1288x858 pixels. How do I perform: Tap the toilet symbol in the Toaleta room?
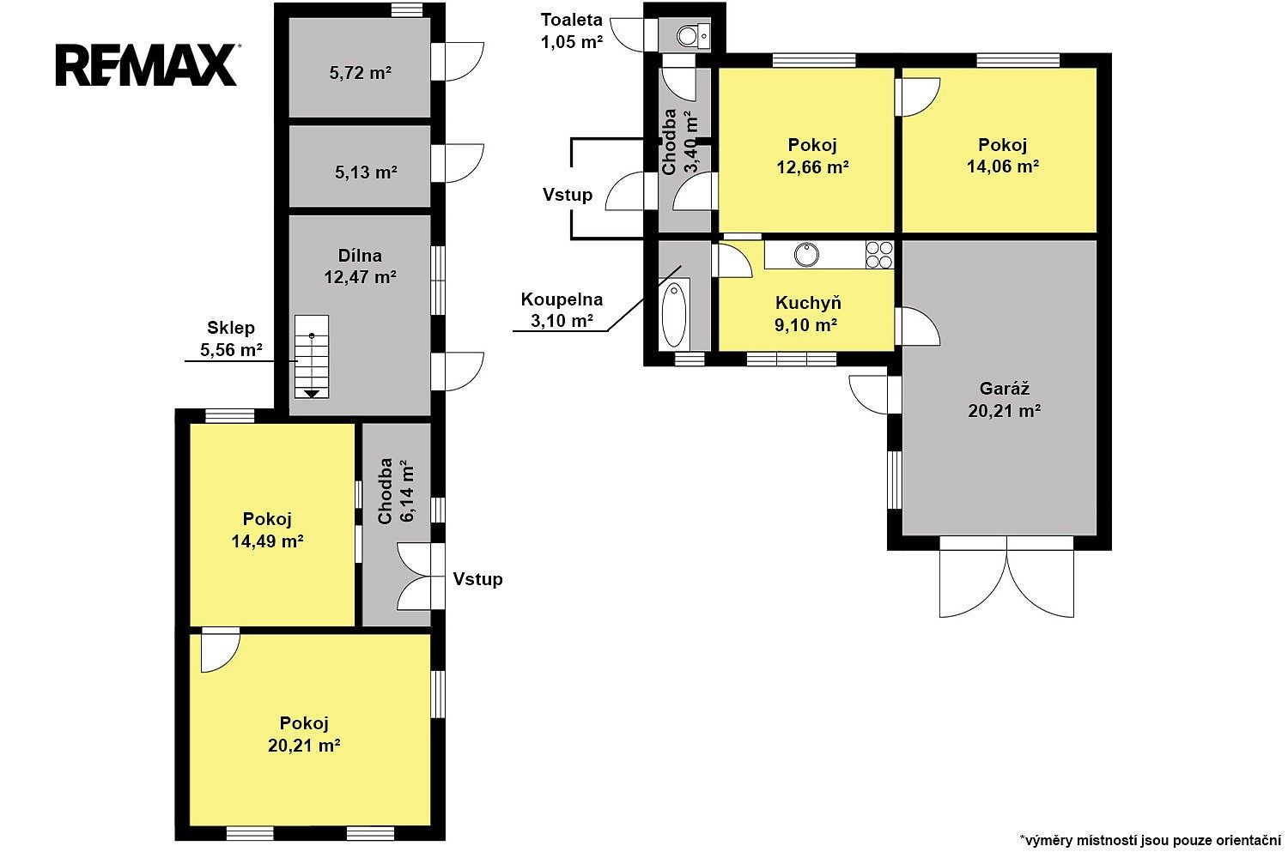[x=693, y=36]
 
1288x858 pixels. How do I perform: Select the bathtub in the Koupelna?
[x=674, y=314]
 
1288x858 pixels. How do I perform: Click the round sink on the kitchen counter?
[x=807, y=255]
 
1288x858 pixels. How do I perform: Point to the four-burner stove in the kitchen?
[x=879, y=255]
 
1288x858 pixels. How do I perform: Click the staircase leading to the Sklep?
[x=312, y=356]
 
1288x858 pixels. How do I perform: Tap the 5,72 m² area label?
[x=360, y=73]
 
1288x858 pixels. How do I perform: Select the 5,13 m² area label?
[x=366, y=172]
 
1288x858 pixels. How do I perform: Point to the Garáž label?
[x=1005, y=389]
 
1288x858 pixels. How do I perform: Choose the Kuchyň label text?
[x=808, y=303]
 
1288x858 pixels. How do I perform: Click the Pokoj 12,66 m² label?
[x=812, y=156]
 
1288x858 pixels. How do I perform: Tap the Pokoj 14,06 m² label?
[x=1003, y=155]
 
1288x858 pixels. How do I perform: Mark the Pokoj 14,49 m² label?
[x=267, y=530]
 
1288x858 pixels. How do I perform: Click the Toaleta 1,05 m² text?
[x=572, y=30]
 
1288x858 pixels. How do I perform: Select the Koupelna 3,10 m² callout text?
[x=562, y=310]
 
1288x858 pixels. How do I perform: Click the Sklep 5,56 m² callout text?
[x=231, y=339]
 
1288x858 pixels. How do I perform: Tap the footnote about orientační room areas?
[x=1151, y=841]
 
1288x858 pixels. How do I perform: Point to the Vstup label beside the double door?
[x=477, y=579]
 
